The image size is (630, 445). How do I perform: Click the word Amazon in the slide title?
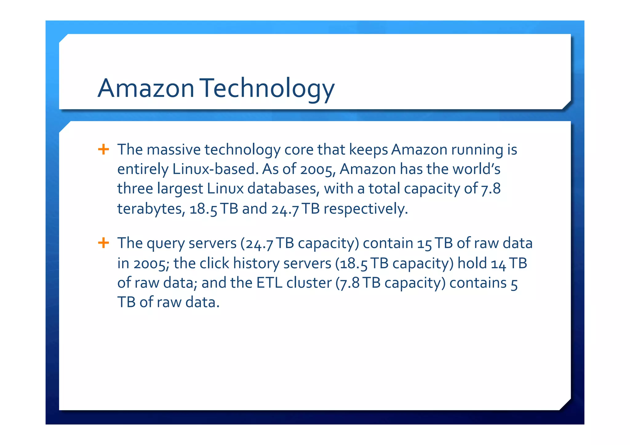click(x=146, y=88)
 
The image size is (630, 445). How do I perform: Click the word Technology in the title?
click(x=268, y=88)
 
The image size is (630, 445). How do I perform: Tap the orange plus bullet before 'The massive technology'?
click(x=103, y=149)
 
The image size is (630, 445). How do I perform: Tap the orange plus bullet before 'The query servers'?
click(x=103, y=243)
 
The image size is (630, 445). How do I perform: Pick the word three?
click(x=135, y=189)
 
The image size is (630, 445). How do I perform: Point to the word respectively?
click(x=366, y=209)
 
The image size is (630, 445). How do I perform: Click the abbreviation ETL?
click(x=269, y=283)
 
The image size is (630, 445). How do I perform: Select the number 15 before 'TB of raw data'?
click(x=425, y=244)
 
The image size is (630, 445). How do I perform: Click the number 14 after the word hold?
click(x=498, y=264)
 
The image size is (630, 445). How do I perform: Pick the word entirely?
click(x=143, y=169)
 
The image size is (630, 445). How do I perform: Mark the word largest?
click(x=180, y=189)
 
